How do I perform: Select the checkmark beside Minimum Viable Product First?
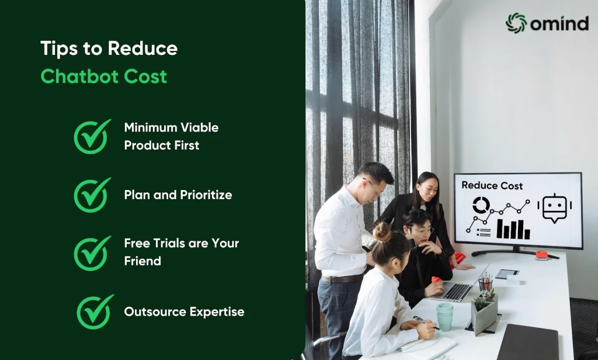[92, 136]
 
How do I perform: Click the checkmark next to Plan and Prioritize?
[92, 195]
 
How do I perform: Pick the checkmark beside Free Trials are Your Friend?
[92, 253]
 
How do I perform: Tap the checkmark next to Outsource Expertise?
[95, 311]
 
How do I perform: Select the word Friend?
[142, 261]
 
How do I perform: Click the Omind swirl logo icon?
[516, 23]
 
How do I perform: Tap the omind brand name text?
[559, 24]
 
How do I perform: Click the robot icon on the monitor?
[555, 208]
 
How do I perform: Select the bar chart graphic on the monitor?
[513, 230]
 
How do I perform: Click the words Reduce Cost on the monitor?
[492, 185]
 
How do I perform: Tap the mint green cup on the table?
[444, 317]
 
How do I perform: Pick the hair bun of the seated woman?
[382, 232]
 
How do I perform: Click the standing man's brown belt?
[341, 279]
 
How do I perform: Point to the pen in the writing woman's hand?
[426, 323]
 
